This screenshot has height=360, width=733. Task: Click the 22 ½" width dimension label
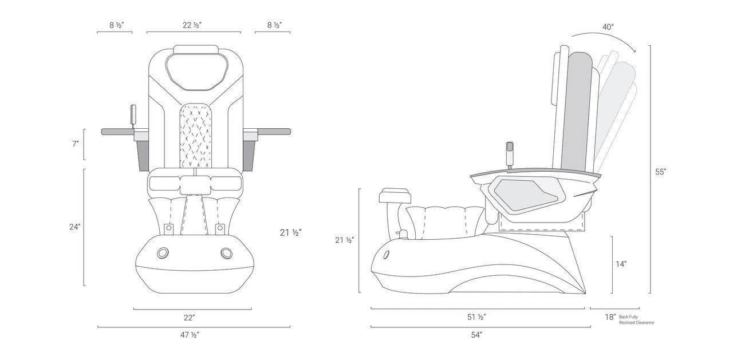[x=192, y=25]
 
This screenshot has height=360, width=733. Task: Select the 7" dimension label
[x=75, y=144]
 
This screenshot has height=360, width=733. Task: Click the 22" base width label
[x=190, y=317]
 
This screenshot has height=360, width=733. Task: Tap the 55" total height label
[x=661, y=171]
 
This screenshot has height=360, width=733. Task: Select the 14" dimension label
[x=621, y=264]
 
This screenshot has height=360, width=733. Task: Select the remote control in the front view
[x=134, y=115]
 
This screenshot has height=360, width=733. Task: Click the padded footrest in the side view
[x=395, y=196]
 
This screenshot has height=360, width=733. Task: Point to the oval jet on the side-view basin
[x=387, y=254]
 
